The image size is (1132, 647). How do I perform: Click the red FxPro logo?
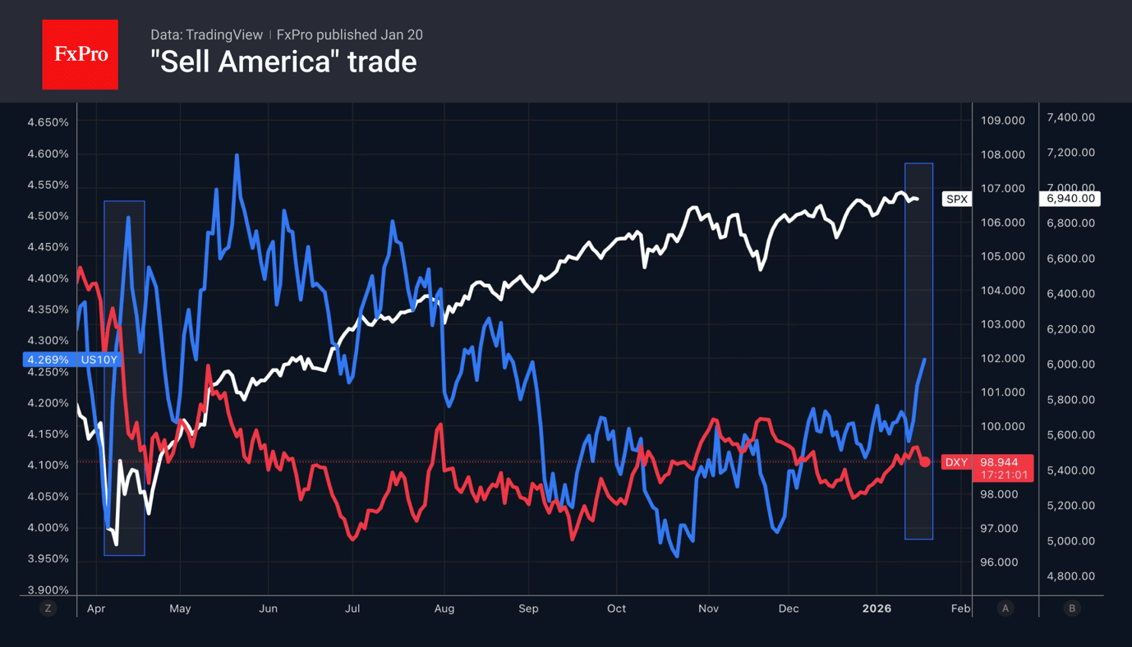80,54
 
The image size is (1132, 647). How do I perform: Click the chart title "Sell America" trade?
283,62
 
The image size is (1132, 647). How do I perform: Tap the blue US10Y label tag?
99,360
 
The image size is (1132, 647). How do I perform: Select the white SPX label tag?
957,199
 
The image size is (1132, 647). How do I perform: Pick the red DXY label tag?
956,462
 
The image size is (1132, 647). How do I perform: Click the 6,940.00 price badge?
1070,199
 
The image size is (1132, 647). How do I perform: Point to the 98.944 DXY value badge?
999,462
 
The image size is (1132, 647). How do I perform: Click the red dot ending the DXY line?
925,462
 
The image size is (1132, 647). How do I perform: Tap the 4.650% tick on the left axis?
48,122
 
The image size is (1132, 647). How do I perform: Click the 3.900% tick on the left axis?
48,590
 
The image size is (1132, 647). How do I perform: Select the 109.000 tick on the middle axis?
1003,121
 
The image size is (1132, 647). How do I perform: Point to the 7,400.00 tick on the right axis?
1070,117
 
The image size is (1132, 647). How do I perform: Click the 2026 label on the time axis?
877,608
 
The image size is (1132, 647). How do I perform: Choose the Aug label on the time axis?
444,608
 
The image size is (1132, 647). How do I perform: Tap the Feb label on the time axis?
960,608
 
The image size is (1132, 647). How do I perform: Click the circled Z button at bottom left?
48,608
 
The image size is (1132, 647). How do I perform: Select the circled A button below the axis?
1005,608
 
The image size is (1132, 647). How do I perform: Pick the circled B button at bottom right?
1071,608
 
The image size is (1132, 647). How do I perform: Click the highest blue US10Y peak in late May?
237,155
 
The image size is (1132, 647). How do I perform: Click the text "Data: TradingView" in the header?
206,34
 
